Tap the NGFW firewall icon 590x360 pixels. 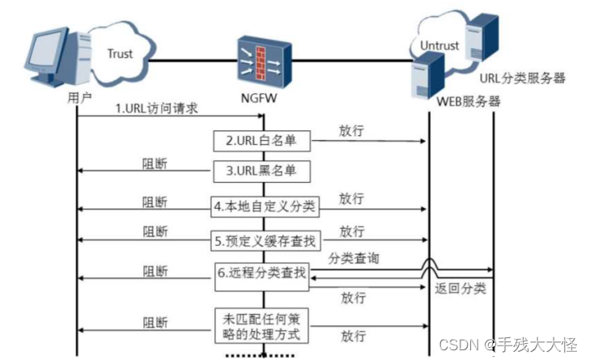261,60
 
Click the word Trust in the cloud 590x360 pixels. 120,54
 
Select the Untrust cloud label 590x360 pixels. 440,47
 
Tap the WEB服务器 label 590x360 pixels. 469,102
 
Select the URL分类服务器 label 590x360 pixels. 523,79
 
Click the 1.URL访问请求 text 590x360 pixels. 156,108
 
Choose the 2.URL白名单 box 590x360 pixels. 261,141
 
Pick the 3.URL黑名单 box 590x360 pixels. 261,172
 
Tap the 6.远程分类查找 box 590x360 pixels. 261,273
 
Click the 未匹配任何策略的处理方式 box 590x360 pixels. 261,325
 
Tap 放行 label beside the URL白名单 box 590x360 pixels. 350,129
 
